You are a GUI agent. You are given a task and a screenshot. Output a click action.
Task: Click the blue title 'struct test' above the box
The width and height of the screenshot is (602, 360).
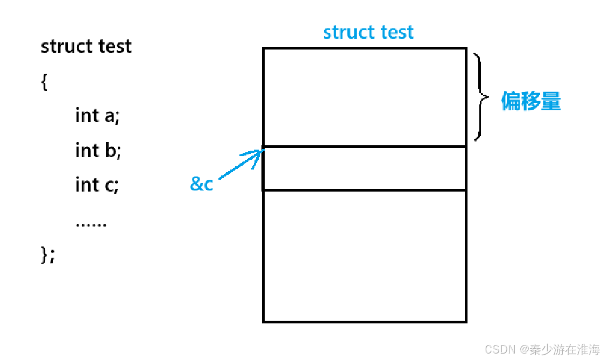(369, 32)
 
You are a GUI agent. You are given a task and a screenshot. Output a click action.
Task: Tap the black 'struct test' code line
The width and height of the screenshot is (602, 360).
(86, 47)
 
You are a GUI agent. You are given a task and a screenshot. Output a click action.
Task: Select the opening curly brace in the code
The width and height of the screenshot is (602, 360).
(44, 82)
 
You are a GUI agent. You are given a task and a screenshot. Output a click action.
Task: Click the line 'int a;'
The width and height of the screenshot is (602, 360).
(97, 116)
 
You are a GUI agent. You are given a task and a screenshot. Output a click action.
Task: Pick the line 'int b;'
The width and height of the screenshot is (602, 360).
(98, 151)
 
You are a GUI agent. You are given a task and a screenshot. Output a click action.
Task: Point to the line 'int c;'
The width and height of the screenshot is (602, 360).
(97, 185)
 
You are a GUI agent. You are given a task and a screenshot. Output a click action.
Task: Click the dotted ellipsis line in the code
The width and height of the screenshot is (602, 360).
(91, 223)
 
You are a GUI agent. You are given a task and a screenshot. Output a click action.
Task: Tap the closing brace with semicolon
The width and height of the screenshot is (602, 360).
(48, 255)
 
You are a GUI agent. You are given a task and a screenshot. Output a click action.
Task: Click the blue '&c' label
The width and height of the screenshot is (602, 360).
(202, 185)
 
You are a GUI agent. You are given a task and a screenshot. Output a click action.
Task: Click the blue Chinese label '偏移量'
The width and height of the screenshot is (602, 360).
(531, 101)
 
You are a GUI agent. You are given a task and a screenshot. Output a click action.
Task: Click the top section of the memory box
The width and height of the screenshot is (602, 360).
(364, 97)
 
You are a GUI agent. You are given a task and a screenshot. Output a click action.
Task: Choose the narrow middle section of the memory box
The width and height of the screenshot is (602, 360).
(364, 168)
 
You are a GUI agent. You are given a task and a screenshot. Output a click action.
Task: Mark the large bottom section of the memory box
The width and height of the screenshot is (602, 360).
(364, 256)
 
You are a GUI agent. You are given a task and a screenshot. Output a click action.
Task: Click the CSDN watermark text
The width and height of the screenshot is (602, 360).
(542, 349)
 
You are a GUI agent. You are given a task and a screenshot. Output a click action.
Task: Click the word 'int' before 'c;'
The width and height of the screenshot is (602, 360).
(87, 185)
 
